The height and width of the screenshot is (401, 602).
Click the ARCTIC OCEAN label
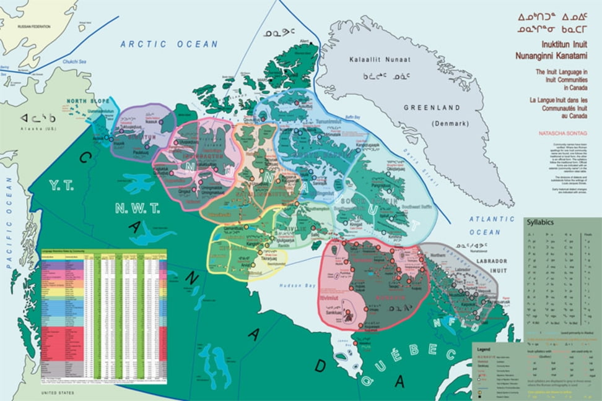click(x=169, y=44)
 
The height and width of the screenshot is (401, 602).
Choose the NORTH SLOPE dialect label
click(x=85, y=101)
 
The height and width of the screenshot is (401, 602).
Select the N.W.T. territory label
click(x=137, y=209)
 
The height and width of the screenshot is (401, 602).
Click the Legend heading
click(x=484, y=349)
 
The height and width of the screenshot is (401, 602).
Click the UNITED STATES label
click(x=58, y=393)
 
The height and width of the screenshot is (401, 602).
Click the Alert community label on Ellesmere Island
click(x=303, y=41)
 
